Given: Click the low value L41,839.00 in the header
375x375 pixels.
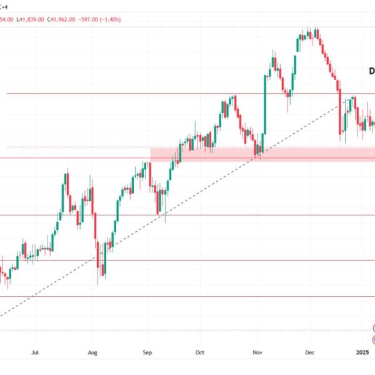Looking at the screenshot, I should pyautogui.click(x=30, y=19).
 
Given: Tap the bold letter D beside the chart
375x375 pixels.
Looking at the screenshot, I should pyautogui.click(x=371, y=72).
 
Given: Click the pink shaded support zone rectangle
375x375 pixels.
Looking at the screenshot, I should pyautogui.click(x=262, y=154).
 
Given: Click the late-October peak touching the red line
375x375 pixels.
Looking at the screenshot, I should pyautogui.click(x=233, y=97).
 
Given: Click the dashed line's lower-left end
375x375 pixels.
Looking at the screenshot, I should pyautogui.click(x=2, y=316).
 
